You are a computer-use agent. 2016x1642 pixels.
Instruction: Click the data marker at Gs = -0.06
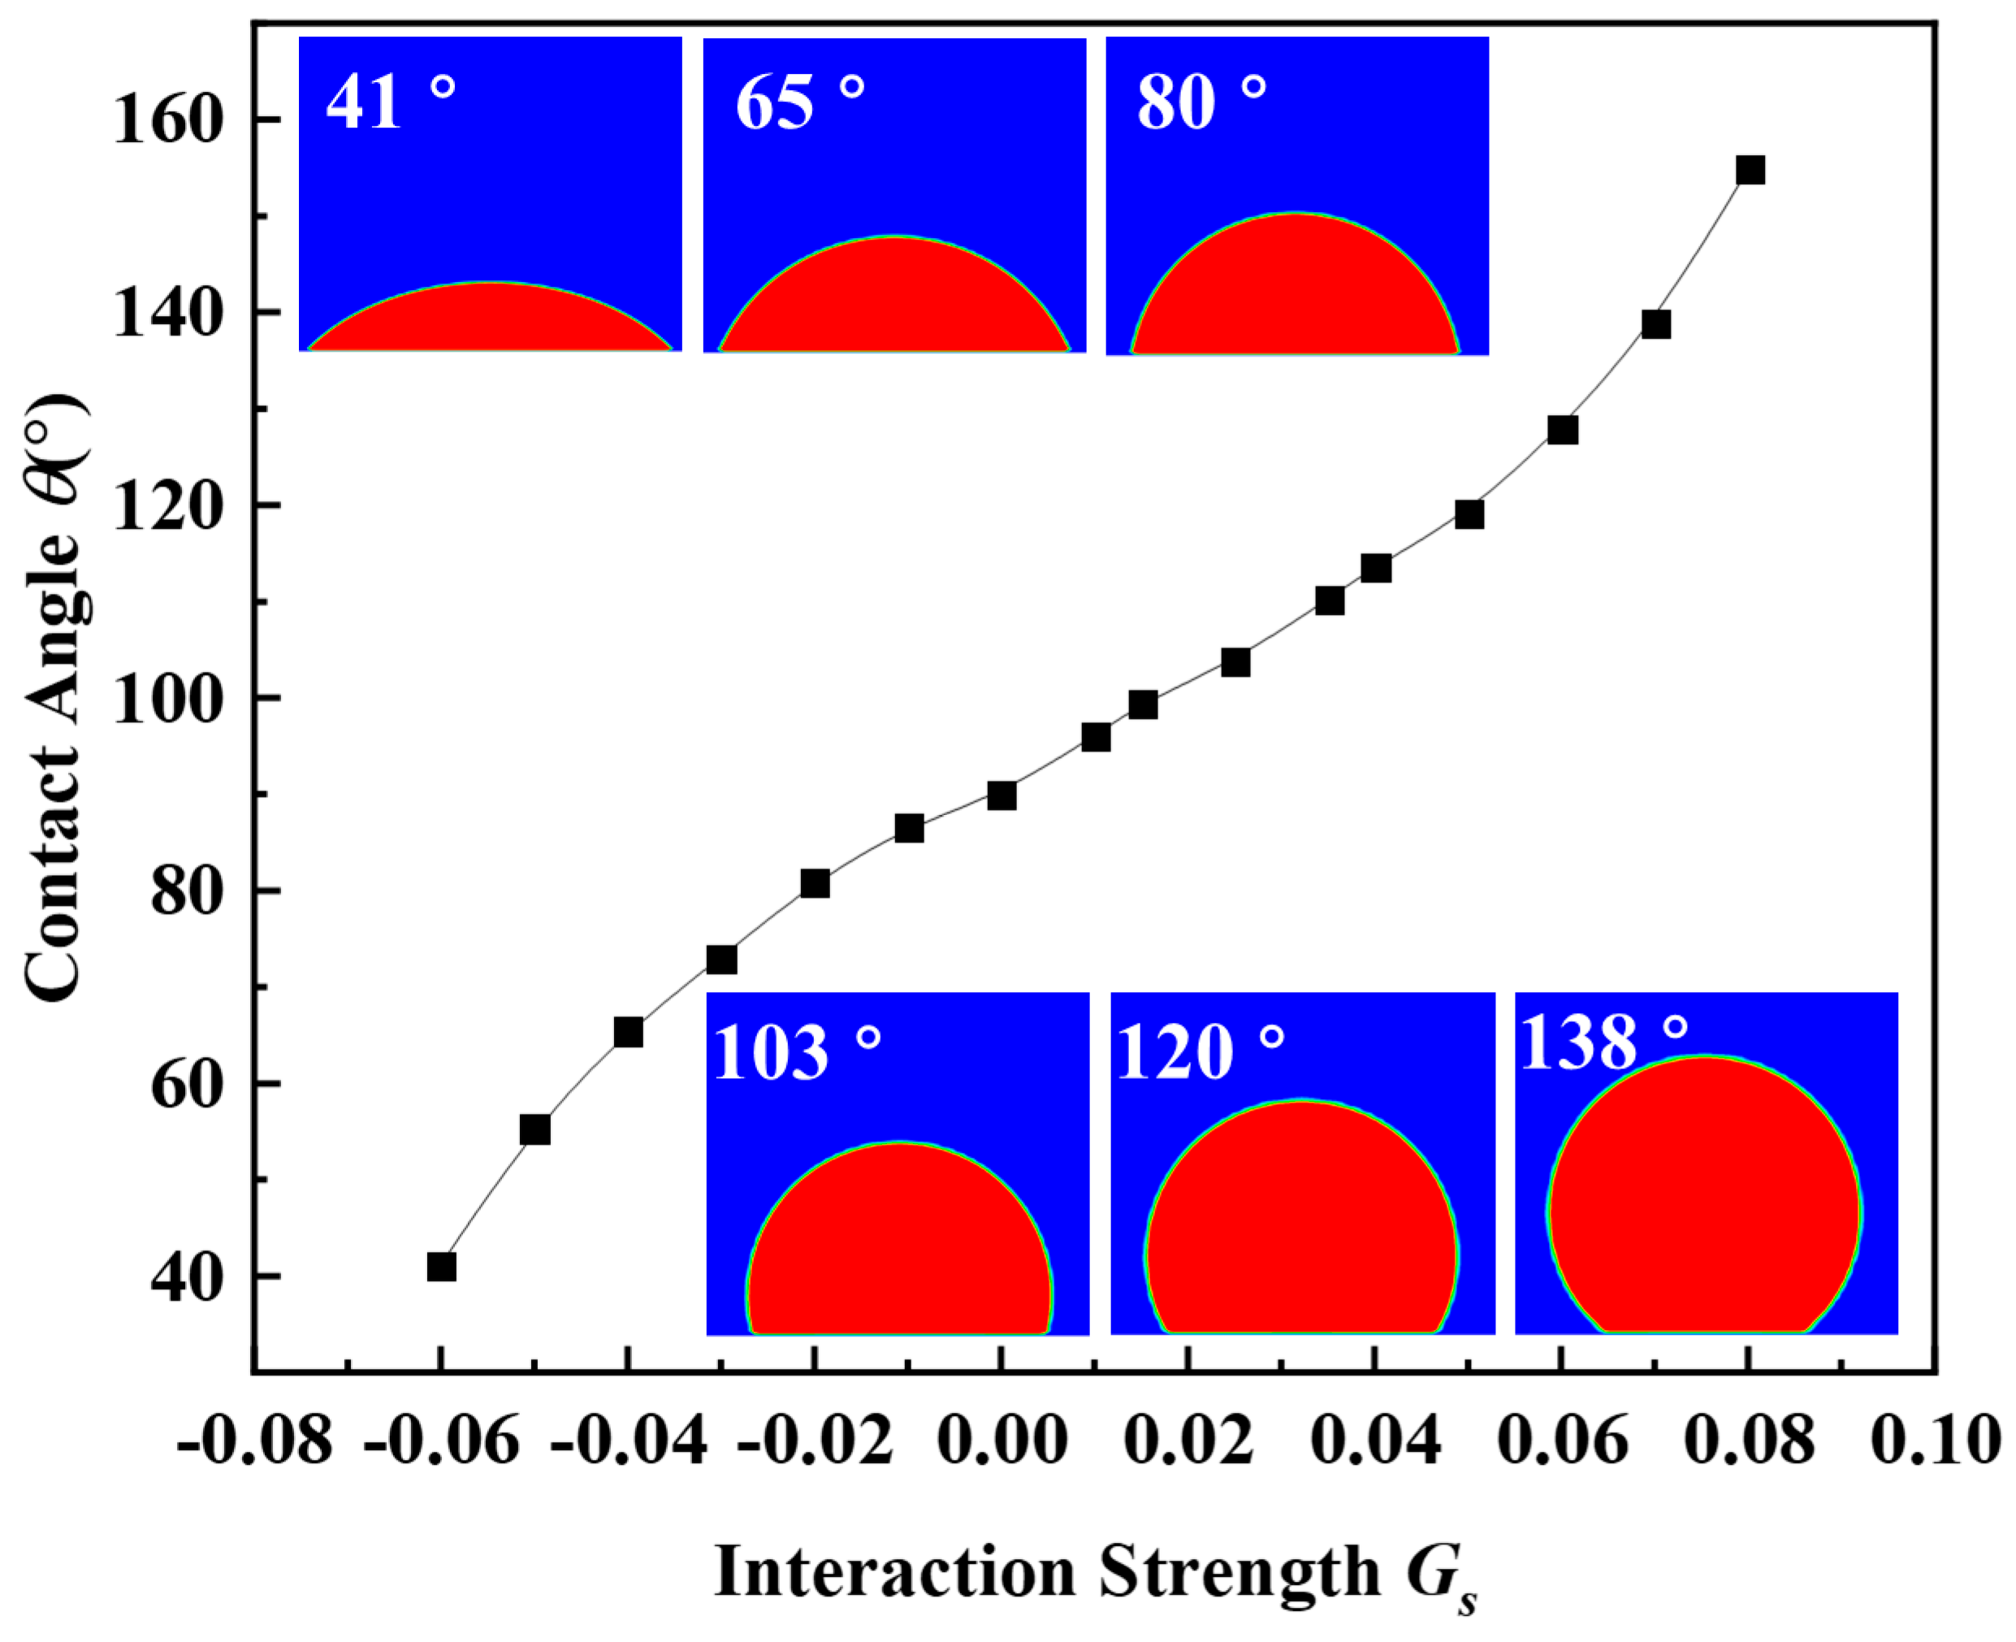[x=442, y=1267]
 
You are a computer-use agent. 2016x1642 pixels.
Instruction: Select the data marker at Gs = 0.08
[x=1750, y=171]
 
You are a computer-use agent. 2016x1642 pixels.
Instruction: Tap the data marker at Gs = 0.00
[x=1002, y=795]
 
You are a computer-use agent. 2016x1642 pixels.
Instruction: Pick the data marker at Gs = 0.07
[x=1655, y=324]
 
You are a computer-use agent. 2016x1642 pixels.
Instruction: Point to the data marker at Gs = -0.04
[x=628, y=1032]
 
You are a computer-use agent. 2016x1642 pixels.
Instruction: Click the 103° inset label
[x=795, y=1053]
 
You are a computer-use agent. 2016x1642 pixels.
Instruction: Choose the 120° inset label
[x=1199, y=1053]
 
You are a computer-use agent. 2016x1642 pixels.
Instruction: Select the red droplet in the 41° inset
[x=490, y=322]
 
